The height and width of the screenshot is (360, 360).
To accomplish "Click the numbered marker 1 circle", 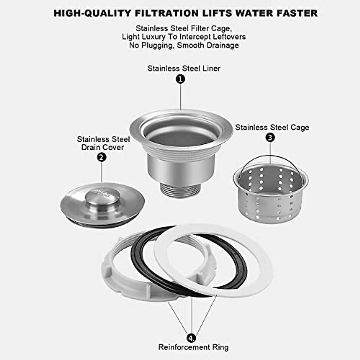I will (x=180, y=79).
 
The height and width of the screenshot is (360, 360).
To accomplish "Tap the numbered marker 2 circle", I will (x=102, y=157).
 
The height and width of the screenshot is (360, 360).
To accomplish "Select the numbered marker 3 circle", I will (x=270, y=137).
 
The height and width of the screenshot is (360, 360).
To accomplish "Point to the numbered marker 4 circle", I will (x=191, y=338).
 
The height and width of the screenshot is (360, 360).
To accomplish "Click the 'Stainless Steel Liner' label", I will (x=184, y=68).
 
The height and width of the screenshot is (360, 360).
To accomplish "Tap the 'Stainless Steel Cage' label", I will (x=272, y=127).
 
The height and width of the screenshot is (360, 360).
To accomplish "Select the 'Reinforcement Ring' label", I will (x=193, y=347).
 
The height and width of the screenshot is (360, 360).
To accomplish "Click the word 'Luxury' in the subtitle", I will (x=151, y=37).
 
